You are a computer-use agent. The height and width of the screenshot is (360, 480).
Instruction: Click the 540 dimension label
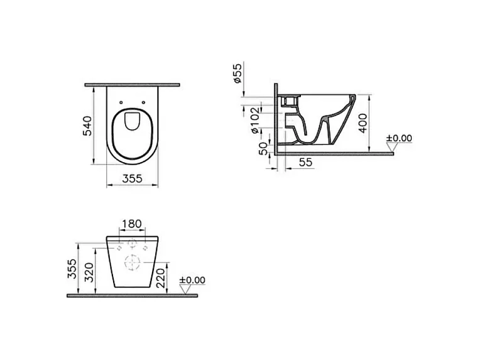[87, 126]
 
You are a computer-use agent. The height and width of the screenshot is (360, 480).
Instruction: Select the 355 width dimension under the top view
[132, 178]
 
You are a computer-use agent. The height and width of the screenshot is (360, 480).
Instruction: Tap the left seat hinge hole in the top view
[121, 102]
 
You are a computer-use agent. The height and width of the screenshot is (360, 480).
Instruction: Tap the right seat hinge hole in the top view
[144, 102]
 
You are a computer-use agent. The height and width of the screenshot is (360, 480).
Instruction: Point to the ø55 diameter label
[237, 73]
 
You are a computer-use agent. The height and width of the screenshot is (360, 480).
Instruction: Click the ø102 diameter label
[255, 120]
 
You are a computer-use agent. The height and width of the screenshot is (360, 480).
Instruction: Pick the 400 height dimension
[363, 123]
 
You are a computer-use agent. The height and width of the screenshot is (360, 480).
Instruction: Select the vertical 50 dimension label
[263, 149]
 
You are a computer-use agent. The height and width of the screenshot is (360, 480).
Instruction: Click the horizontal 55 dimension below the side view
[305, 162]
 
